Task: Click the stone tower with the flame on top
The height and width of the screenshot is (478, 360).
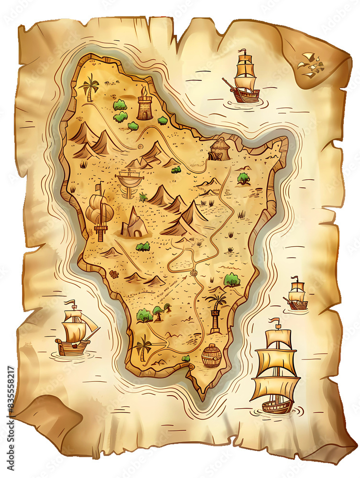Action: tap(144, 105)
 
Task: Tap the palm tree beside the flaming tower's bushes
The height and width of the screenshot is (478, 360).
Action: tap(90, 87)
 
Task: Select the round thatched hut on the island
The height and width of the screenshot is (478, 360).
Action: tap(220, 149)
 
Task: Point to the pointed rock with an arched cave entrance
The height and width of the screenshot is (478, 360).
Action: tap(134, 224)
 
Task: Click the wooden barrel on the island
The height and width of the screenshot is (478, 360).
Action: tap(211, 356)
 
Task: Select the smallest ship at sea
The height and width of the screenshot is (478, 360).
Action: tap(296, 294)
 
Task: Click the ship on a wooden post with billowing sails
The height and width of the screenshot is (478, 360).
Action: tap(100, 210)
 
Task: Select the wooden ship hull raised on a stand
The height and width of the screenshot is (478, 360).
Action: tap(129, 181)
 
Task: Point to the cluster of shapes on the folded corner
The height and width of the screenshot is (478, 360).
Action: tap(310, 64)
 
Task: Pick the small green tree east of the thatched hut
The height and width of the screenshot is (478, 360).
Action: tap(244, 179)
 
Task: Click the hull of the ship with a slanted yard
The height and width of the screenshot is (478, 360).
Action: tap(72, 348)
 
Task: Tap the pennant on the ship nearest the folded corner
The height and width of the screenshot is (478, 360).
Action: tap(243, 51)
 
